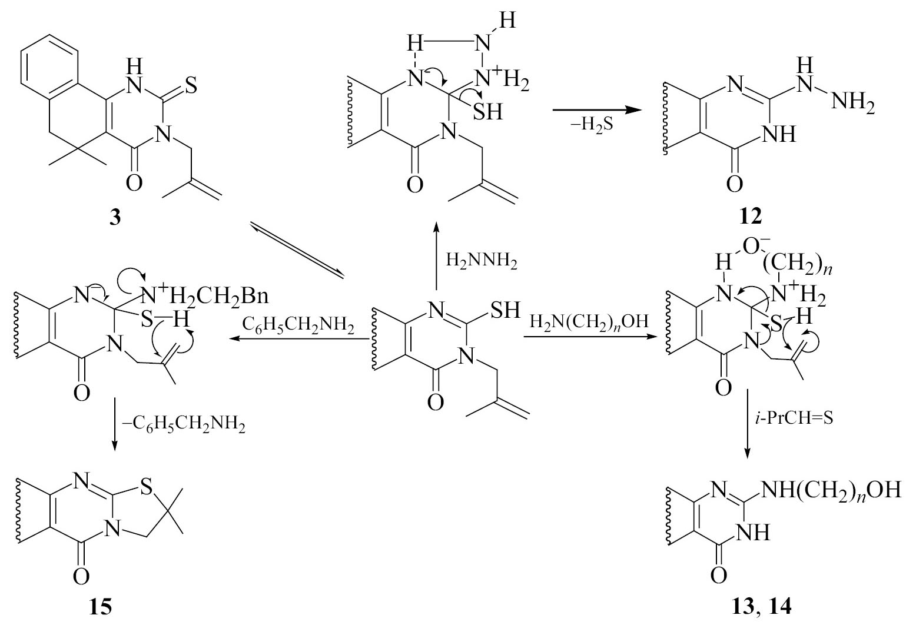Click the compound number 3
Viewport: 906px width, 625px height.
pos(115,218)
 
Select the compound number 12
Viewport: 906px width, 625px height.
pos(750,217)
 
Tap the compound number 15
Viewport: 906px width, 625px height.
pos(100,607)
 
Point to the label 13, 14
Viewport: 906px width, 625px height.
pos(761,607)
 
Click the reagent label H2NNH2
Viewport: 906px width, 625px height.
pos(482,261)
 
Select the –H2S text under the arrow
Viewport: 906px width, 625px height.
pos(591,125)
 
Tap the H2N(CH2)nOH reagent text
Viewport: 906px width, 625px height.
pos(589,322)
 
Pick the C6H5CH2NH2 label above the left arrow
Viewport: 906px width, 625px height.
pos(298,325)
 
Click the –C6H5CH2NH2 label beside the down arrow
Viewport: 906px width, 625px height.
pos(184,425)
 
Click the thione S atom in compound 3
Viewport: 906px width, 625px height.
pos(191,86)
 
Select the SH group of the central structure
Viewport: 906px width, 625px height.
pos(506,310)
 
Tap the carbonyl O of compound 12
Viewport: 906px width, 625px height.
pos(735,184)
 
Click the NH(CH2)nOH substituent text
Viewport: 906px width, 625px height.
pos(831,491)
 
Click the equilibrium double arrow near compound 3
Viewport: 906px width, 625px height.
pos(297,250)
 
